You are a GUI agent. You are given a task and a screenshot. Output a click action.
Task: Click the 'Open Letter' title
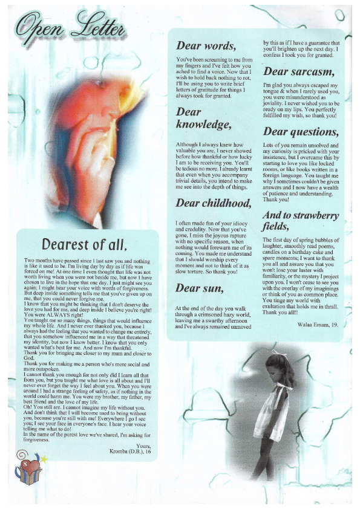pos(71,27)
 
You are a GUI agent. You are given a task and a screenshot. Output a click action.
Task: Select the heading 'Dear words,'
pos(206,45)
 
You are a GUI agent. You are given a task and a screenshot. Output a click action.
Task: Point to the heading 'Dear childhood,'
pos(213,203)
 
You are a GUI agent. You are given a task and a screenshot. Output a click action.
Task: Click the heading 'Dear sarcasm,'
pos(299,71)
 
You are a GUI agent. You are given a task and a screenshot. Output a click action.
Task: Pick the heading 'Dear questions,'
pos(301,131)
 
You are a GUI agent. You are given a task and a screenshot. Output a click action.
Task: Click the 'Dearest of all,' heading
pos(92,245)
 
